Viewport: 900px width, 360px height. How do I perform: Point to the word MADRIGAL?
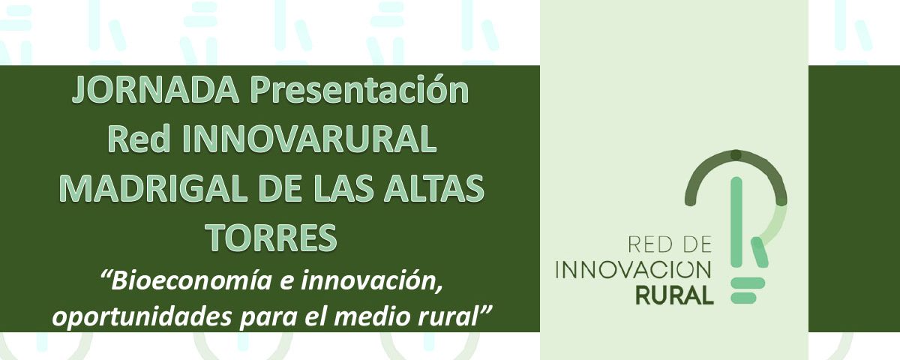pos(154,189)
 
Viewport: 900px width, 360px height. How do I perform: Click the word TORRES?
pos(272,238)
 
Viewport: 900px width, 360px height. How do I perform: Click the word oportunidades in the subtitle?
pos(142,317)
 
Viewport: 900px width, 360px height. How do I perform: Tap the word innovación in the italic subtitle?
pos(372,281)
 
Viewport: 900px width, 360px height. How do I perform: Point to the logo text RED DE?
pos(669,244)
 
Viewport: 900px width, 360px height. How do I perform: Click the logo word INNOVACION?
pos(633,270)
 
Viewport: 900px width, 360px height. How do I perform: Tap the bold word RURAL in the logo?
pos(674,295)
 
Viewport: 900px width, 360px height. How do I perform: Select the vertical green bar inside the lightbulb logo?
pos(736,222)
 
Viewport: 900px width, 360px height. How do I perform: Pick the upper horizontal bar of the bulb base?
pos(747,282)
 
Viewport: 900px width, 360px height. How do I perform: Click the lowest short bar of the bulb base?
pos(743,298)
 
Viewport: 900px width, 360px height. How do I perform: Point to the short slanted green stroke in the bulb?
pos(759,252)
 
